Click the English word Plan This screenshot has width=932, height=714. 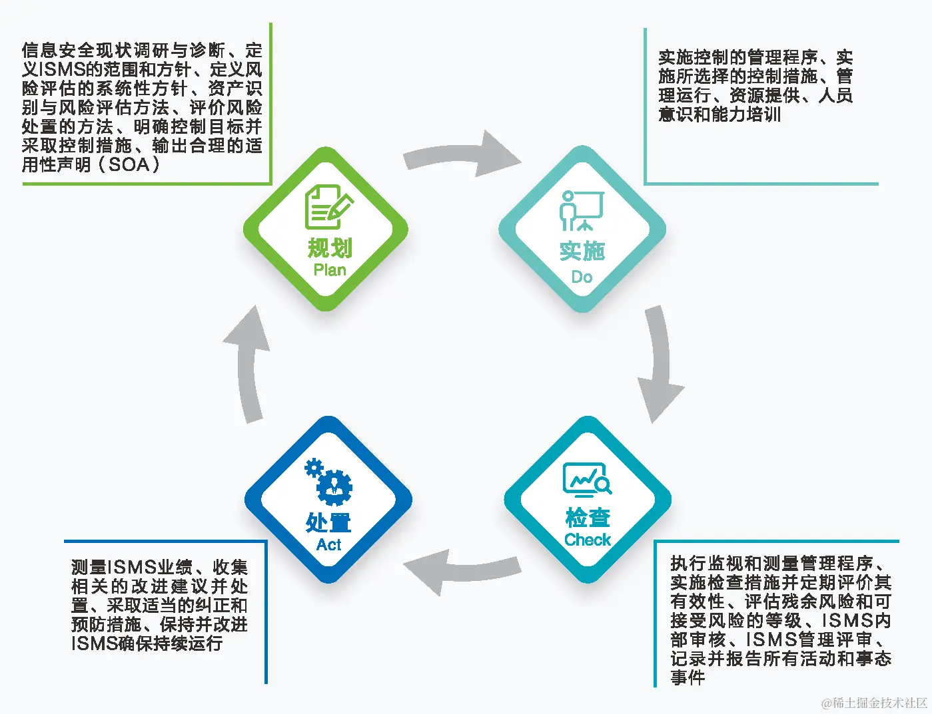coord(330,270)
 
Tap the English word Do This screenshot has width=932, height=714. coord(582,277)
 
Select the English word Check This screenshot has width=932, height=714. coord(588,540)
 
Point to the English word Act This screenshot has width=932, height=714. coord(329,545)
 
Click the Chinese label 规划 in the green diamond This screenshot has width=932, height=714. coord(330,248)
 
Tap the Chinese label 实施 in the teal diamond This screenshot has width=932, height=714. coord(582,252)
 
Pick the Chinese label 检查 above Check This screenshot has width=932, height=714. coord(588,517)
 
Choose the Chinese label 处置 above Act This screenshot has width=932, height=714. coord(328,522)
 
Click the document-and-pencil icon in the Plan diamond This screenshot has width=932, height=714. coord(328,207)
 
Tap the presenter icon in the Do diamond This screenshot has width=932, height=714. coord(581,210)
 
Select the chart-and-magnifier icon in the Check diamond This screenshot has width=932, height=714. coord(587,480)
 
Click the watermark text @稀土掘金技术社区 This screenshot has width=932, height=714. coord(874,703)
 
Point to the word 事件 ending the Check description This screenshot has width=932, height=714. coord(688,677)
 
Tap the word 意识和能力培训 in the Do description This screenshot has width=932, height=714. coord(719,114)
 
